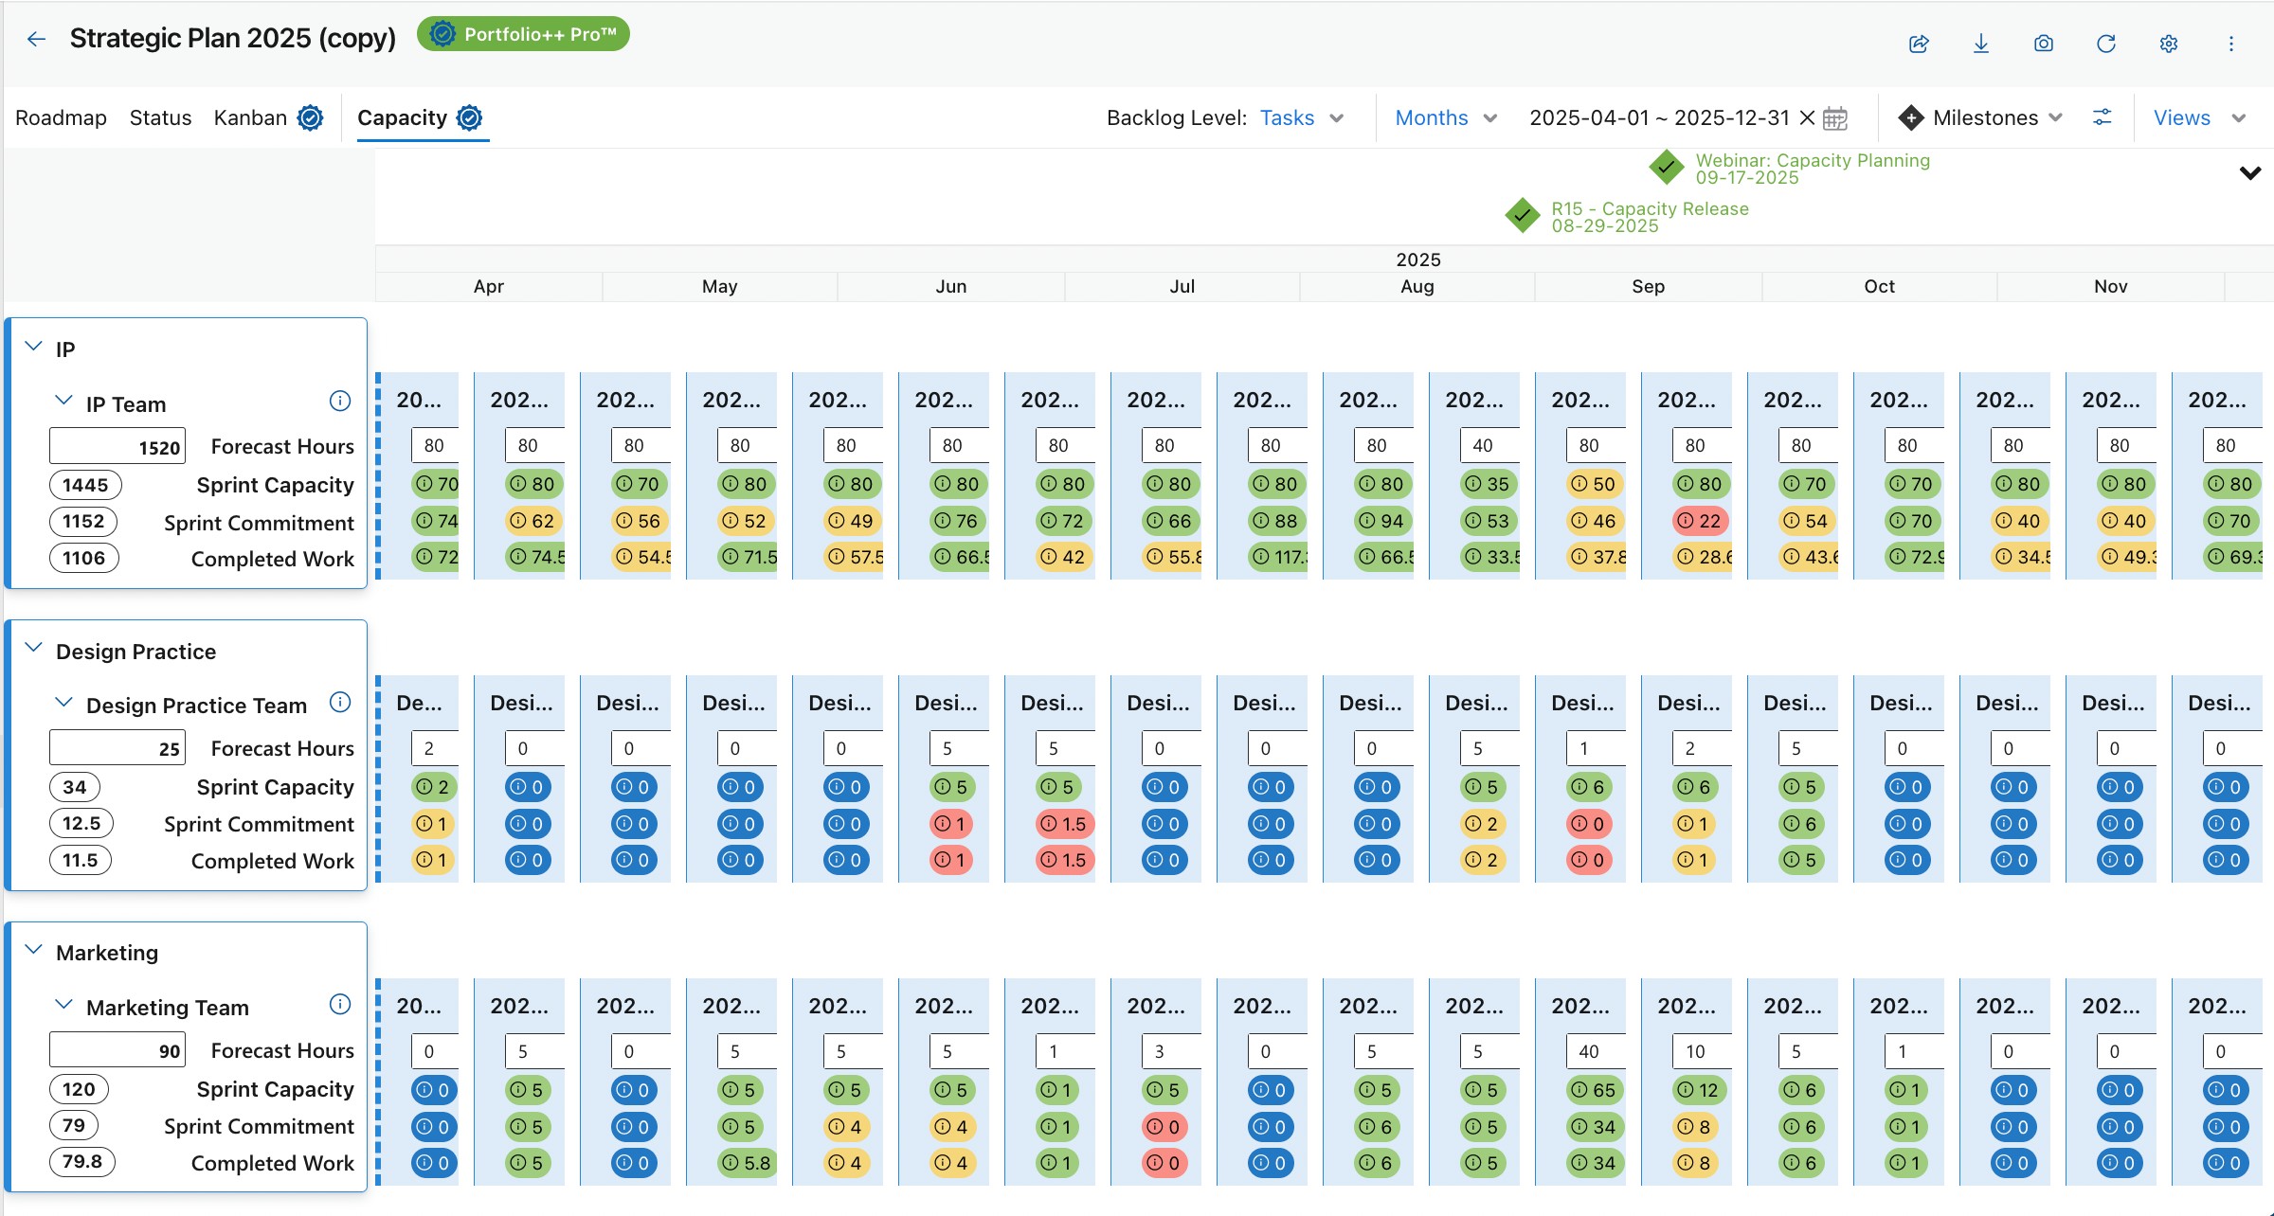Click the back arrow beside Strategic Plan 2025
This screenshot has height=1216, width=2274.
tap(36, 39)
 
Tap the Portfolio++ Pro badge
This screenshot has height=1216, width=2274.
tap(523, 35)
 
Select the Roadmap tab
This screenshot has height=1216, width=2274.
tap(61, 117)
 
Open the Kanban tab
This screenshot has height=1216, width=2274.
tap(250, 117)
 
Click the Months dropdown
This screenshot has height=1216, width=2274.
tap(1445, 117)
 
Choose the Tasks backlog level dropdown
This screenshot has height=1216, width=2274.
tap(1301, 117)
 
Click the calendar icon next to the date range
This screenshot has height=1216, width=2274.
tap(1835, 118)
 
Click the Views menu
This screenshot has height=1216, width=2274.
tap(2198, 117)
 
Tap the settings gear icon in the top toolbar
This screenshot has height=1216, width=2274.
tap(2168, 44)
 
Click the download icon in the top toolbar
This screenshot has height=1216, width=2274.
tap(1980, 44)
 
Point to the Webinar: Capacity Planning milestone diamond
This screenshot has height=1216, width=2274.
tap(1666, 168)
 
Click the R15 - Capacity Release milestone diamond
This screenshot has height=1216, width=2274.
tap(1522, 216)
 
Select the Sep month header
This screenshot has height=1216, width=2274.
tap(1648, 286)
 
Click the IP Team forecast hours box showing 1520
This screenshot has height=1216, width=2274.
tap(117, 447)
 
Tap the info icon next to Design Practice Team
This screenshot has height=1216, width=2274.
tap(339, 703)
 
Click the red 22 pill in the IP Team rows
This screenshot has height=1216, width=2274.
tap(1701, 521)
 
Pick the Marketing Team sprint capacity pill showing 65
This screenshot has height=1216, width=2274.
tap(1595, 1090)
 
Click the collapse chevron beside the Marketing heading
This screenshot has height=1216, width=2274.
tap(34, 950)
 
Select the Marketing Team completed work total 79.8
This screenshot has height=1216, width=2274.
tap(82, 1162)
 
